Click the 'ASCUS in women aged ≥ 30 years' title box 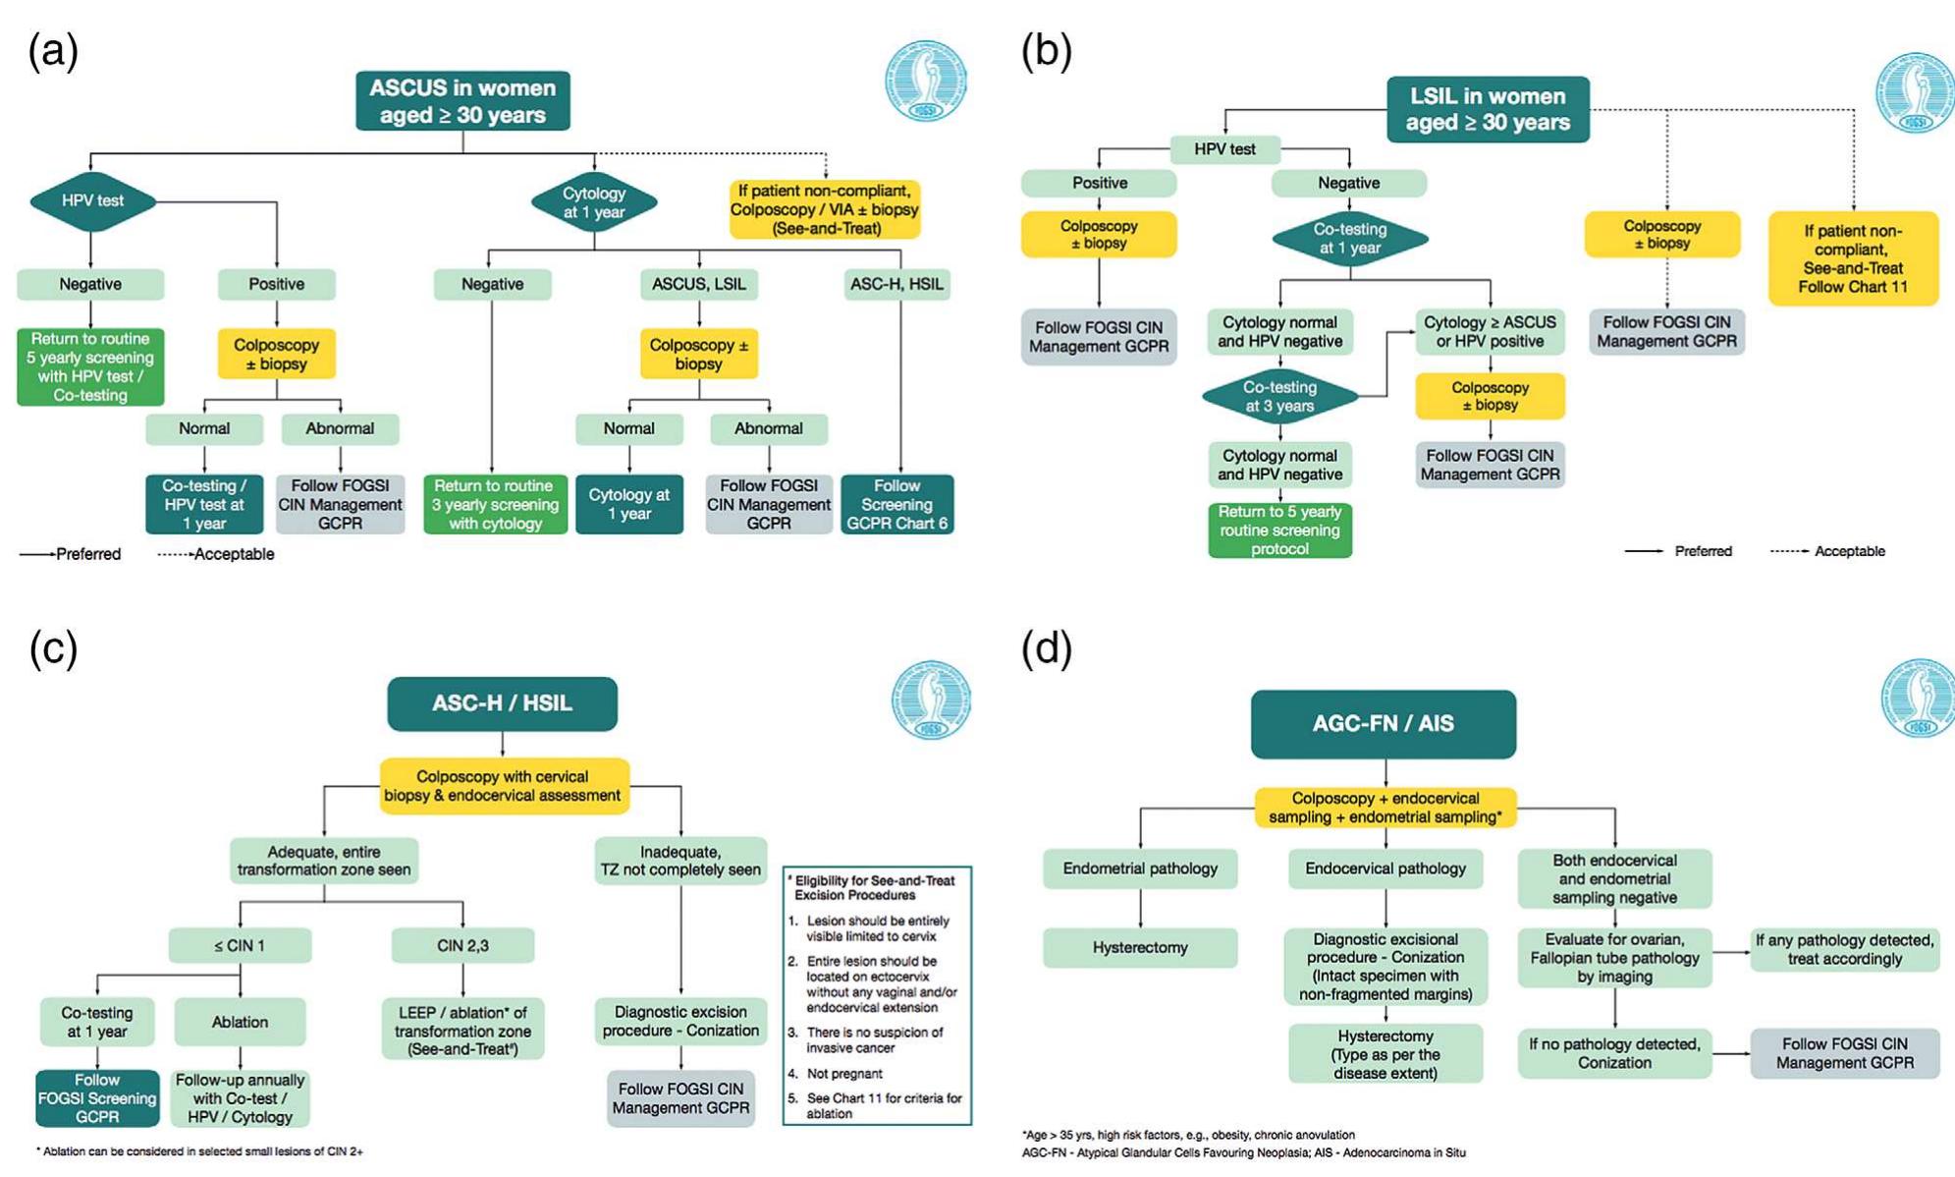[462, 101]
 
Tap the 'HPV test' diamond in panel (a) [92, 200]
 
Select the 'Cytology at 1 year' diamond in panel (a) [593, 202]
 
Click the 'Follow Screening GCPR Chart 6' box [896, 504]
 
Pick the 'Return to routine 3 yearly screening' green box [494, 504]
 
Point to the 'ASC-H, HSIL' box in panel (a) [896, 284]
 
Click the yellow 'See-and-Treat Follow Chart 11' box [1852, 258]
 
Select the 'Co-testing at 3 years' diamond [1279, 396]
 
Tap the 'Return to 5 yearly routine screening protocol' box [1279, 530]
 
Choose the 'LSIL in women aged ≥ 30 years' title [1487, 109]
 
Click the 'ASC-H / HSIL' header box [502, 703]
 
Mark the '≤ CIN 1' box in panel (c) [240, 945]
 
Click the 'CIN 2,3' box [462, 945]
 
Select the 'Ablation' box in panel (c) [240, 1022]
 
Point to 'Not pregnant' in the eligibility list [843, 1073]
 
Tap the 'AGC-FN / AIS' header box [1383, 724]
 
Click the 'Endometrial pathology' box [1139, 869]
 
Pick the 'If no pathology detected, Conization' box [1613, 1053]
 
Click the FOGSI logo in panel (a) [925, 82]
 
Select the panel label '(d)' [1046, 648]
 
